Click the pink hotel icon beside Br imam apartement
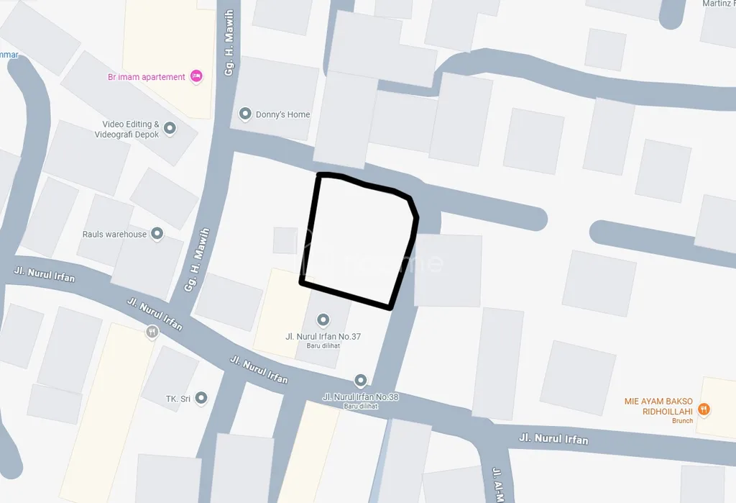point(196,76)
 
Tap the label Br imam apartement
point(147,77)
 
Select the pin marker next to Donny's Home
point(245,114)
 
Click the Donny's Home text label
point(283,114)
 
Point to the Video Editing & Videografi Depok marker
point(170,129)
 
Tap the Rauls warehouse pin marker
point(157,234)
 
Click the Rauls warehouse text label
point(114,235)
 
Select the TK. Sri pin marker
point(201,398)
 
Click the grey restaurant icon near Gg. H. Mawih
point(152,332)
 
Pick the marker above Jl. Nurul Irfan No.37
point(323,320)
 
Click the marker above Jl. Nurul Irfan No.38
point(361,380)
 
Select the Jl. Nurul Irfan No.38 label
point(360,396)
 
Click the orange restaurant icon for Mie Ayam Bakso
point(704,409)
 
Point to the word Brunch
point(682,421)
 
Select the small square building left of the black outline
point(285,240)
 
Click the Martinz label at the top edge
point(718,4)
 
